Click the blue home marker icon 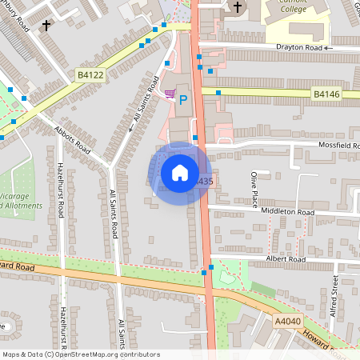click(x=180, y=173)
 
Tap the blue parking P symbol click(x=182, y=100)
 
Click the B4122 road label click(x=90, y=74)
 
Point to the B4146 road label click(x=326, y=94)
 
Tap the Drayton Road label click(x=299, y=48)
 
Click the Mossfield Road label click(x=328, y=145)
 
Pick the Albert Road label click(x=286, y=260)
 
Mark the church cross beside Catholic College click(x=237, y=7)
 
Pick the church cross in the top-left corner click(x=46, y=25)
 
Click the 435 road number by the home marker click(x=205, y=182)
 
